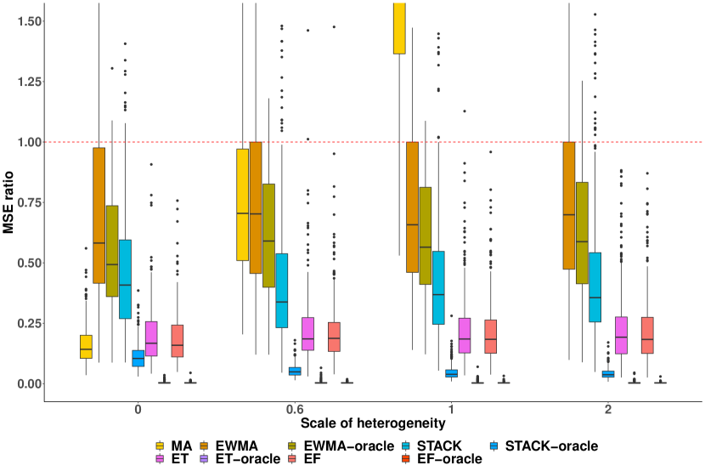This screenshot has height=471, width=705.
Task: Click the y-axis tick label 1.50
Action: point(25,20)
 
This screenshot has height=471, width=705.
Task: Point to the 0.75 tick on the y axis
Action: point(25,202)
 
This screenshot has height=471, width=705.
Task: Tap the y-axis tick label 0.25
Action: point(25,323)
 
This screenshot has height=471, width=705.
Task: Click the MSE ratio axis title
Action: point(10,201)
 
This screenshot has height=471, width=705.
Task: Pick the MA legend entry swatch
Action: point(160,445)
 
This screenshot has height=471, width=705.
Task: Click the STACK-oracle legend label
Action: point(551,445)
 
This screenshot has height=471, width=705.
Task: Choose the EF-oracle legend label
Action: point(451,459)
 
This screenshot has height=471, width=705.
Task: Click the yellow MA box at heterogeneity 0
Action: point(86,347)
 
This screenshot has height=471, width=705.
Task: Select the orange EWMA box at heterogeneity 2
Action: point(569,205)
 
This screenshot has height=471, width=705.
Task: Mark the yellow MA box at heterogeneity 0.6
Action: point(242,204)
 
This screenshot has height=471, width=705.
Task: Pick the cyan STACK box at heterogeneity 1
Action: point(438,287)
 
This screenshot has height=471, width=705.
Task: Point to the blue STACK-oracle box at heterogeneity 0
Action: point(138,358)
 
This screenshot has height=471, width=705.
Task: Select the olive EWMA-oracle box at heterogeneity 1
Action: point(426,235)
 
